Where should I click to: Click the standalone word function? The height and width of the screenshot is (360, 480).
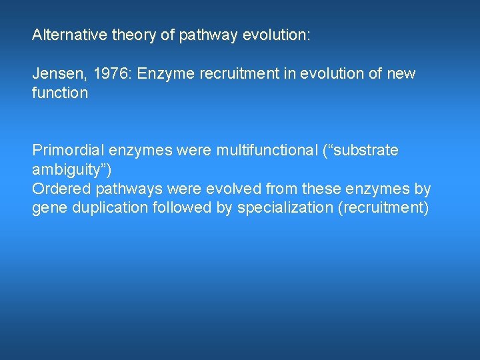coord(60,93)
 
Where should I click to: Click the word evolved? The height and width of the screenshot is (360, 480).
coord(234,189)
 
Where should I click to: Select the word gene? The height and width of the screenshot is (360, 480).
coord(47,208)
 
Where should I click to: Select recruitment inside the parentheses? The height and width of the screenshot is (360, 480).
coord(385,208)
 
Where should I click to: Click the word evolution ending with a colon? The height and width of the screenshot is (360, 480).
coord(276,35)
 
